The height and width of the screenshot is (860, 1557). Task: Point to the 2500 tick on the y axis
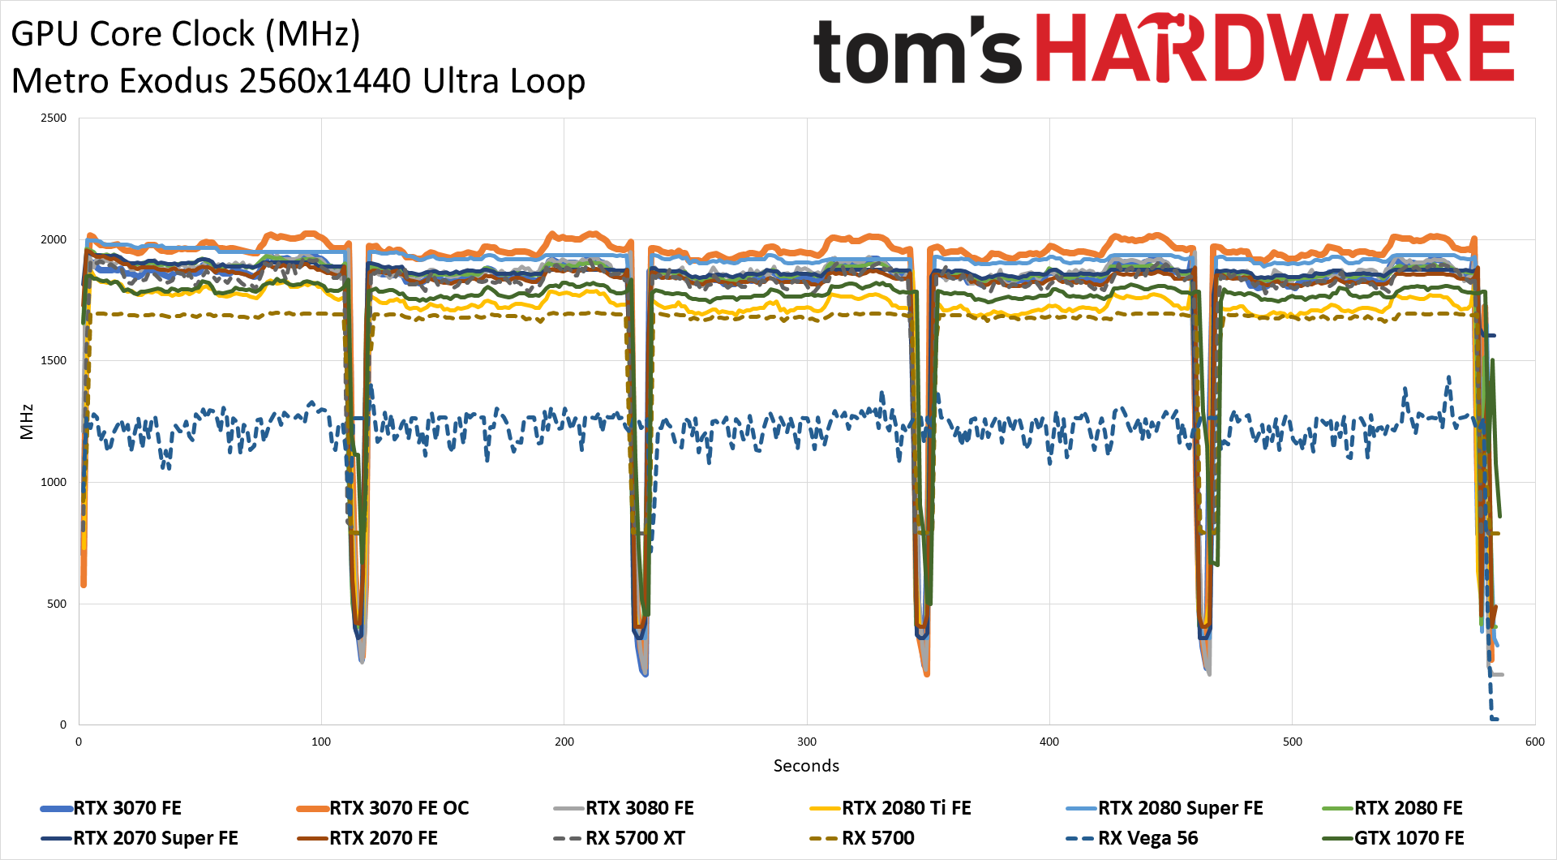click(x=54, y=118)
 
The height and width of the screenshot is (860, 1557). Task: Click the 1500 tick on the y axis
click(x=54, y=361)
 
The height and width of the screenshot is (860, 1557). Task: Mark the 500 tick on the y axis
click(x=56, y=604)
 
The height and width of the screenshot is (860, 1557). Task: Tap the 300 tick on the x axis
click(x=806, y=742)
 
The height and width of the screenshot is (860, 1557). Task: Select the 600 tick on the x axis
click(x=1534, y=742)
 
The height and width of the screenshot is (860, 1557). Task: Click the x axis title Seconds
click(x=806, y=766)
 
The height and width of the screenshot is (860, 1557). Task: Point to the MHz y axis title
click(x=27, y=421)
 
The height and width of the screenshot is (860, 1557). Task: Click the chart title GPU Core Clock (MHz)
click(x=186, y=34)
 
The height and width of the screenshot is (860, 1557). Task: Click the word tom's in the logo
click(x=916, y=51)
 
